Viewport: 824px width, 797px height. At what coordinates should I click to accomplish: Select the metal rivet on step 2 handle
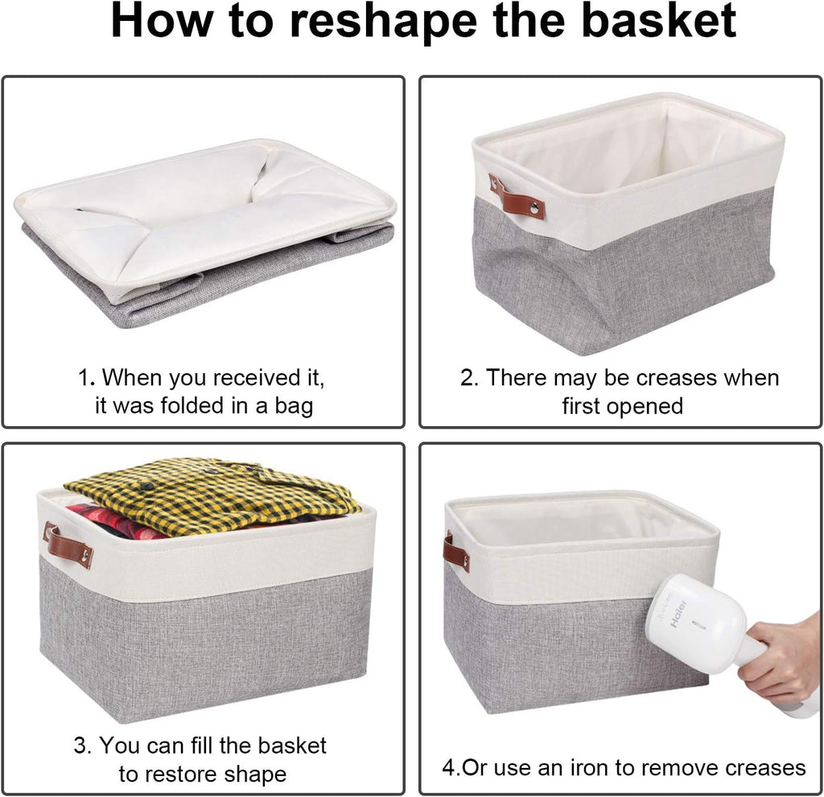533,208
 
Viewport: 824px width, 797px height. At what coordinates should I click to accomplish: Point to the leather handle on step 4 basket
455,553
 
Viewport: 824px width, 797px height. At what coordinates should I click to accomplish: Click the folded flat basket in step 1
204,233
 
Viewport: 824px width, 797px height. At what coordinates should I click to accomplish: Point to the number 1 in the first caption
82,377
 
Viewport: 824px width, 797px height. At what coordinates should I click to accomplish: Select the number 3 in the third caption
80,746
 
